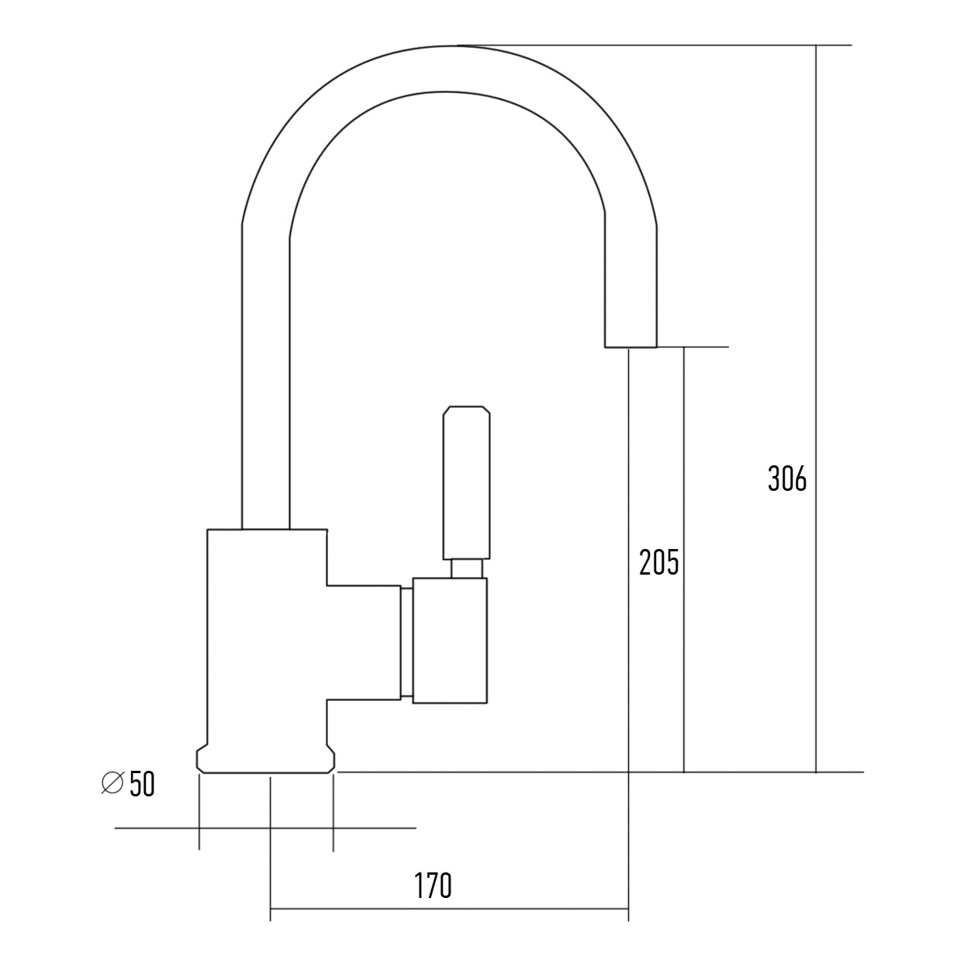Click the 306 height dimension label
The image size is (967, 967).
tap(787, 478)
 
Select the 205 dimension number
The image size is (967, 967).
tap(659, 562)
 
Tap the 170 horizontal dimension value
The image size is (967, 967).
tap(433, 886)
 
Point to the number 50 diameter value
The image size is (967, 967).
tap(142, 784)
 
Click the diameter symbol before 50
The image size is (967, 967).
tap(112, 783)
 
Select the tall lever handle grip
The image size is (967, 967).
tap(466, 483)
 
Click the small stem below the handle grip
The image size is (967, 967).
tap(466, 568)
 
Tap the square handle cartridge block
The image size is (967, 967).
tap(450, 641)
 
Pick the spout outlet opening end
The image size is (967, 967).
tap(630, 347)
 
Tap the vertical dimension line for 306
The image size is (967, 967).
tap(816, 409)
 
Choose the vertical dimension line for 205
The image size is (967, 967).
tap(683, 560)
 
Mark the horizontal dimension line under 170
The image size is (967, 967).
tap(449, 922)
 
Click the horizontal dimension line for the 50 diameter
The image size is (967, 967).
tap(265, 828)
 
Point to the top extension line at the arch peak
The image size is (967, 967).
tap(654, 45)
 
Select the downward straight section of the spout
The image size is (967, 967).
tap(630, 281)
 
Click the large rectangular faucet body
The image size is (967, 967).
tap(267, 637)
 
